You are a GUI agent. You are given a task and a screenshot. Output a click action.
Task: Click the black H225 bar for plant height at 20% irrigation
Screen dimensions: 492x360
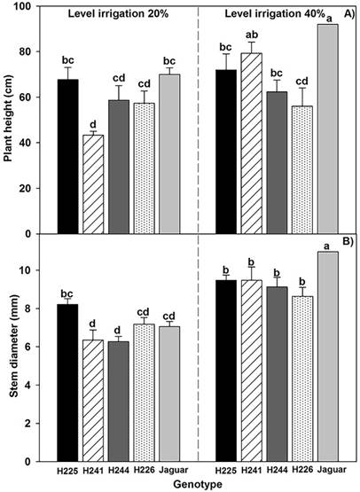68,157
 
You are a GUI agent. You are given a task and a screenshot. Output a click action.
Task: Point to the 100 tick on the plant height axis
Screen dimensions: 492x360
35,6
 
